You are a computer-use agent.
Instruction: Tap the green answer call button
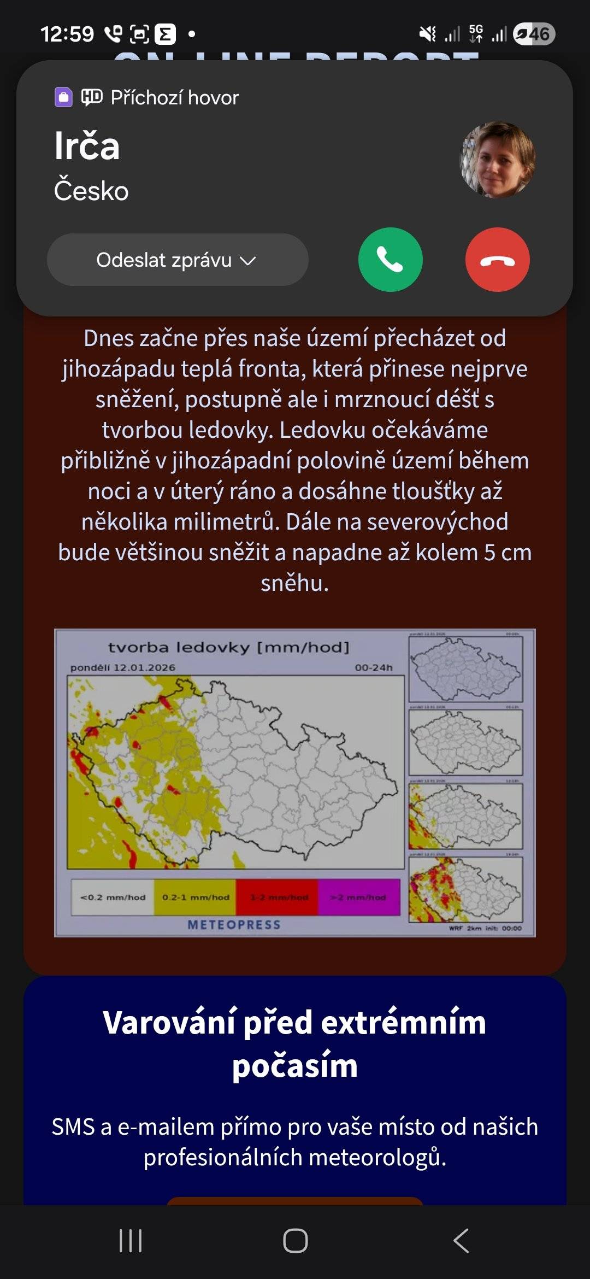click(390, 260)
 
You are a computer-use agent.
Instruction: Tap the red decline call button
click(497, 260)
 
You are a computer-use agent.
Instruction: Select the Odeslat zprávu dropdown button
click(178, 260)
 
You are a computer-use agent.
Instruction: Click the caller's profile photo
click(498, 159)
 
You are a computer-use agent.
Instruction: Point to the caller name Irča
click(87, 146)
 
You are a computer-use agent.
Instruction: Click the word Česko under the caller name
click(91, 191)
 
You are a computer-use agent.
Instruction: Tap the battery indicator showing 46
click(534, 34)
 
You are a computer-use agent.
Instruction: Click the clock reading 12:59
click(67, 34)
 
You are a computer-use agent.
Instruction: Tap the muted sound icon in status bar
click(427, 34)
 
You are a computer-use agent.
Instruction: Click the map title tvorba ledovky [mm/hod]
click(228, 648)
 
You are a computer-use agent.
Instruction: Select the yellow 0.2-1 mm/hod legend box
click(195, 897)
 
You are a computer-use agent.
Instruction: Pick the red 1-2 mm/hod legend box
click(277, 897)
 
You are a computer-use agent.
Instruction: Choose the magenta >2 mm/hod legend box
click(359, 897)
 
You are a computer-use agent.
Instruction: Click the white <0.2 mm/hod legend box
click(113, 897)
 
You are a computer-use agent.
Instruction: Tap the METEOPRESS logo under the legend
click(234, 924)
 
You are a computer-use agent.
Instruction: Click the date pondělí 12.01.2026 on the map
click(123, 667)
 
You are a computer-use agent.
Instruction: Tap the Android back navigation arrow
click(461, 1241)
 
